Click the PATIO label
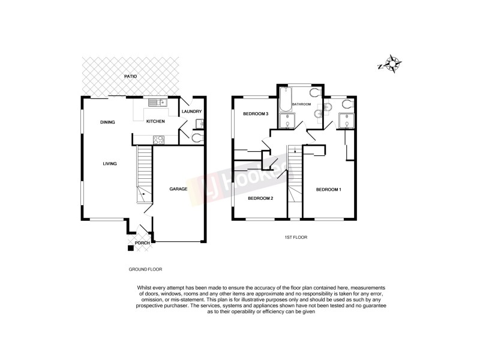(x=131, y=77)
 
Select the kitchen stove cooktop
(x=159, y=140)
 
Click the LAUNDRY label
(x=191, y=112)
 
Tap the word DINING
(x=107, y=122)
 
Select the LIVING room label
(x=109, y=163)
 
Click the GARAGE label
(x=178, y=189)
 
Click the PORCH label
(x=142, y=243)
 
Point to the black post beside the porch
(x=130, y=247)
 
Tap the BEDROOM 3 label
(x=255, y=113)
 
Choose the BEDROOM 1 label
(x=329, y=190)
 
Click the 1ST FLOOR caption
(x=295, y=238)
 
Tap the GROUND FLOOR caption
(x=145, y=269)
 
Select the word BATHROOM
(x=301, y=104)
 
